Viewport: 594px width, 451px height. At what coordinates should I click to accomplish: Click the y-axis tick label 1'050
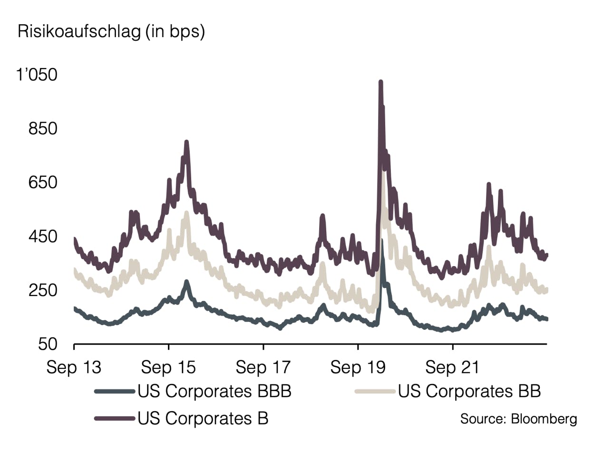[x=37, y=75]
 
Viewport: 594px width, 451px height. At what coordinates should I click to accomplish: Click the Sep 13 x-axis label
[x=74, y=367]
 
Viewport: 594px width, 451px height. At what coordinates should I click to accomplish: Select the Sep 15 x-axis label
[x=168, y=367]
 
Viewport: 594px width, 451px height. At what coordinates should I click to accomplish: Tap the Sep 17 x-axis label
[x=263, y=367]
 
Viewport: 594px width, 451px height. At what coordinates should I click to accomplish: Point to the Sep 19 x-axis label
[x=358, y=367]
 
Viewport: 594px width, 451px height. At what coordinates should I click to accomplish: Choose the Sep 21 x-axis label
[x=452, y=367]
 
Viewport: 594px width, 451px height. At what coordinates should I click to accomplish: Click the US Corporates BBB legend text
[x=214, y=392]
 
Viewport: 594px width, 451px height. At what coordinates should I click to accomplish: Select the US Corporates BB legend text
[x=469, y=392]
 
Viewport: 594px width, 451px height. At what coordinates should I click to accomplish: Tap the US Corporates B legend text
[x=203, y=418]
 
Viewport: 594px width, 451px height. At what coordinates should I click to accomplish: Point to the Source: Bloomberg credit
[x=518, y=419]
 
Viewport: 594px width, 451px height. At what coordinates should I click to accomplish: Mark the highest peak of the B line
[x=380, y=83]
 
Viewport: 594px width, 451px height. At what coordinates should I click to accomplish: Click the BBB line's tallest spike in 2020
[x=382, y=241]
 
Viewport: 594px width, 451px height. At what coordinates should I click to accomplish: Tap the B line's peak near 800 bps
[x=186, y=142]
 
